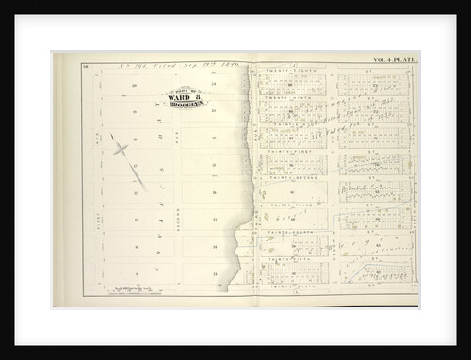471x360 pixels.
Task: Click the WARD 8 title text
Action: point(187,96)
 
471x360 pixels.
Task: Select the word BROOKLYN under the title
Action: point(187,104)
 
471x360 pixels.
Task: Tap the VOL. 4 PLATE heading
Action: point(394,60)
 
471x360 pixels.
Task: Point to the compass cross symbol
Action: point(121,148)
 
